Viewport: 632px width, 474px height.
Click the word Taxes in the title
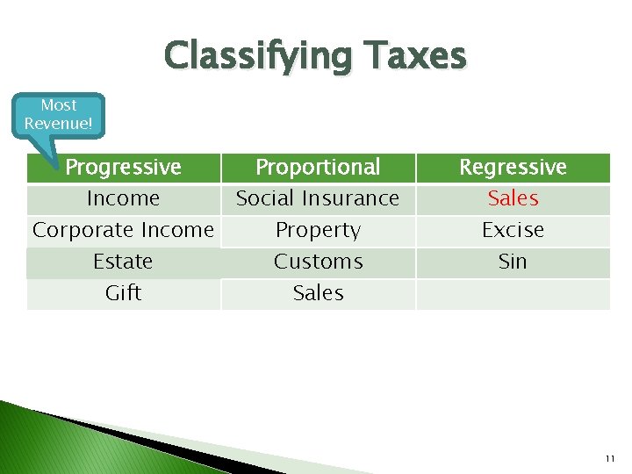coord(413,56)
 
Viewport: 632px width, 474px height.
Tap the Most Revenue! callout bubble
coord(59,115)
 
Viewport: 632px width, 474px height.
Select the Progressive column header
coord(123,167)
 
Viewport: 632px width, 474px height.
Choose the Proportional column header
coord(318,167)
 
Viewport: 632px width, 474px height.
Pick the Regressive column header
coord(513,167)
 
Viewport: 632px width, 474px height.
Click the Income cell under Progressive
coord(123,198)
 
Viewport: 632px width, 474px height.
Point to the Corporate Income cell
coord(123,230)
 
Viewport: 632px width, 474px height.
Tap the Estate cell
coord(123,262)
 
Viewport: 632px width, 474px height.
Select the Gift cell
coord(123,293)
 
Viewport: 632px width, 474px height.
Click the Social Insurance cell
coord(318,198)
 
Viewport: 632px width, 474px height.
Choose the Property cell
coord(318,230)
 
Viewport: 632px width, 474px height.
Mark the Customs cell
coord(318,262)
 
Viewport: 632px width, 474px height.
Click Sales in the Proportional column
coord(318,293)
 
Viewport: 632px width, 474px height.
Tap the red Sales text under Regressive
coord(513,198)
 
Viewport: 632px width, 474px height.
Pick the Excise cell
coord(513,230)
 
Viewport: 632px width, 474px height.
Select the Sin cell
coord(513,262)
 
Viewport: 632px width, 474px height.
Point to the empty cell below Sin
coord(513,293)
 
